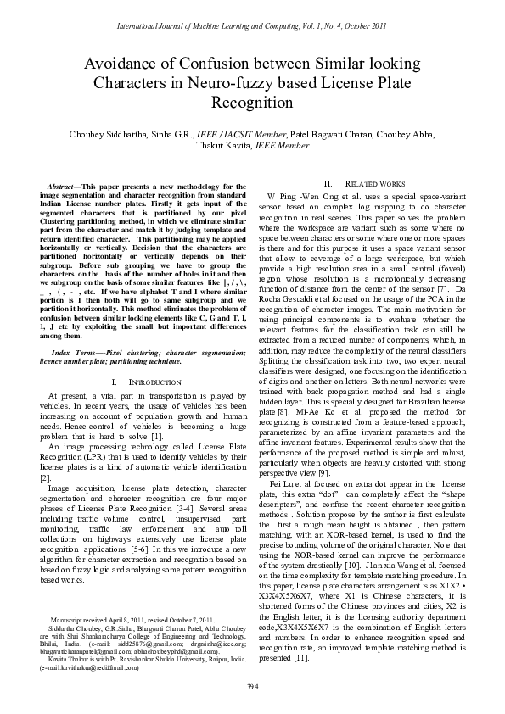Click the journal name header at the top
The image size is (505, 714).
tap(252, 29)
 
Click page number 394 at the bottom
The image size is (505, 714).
tap(252, 685)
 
